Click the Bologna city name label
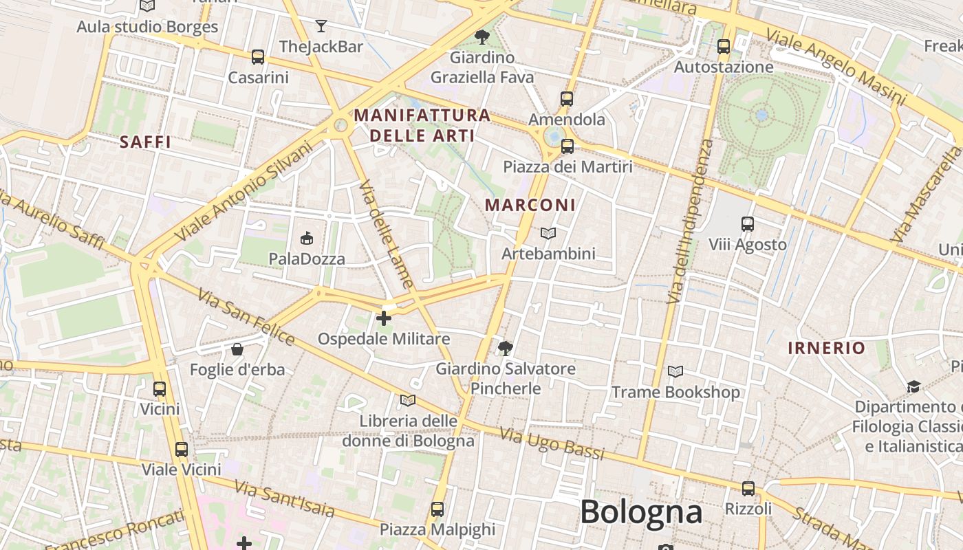641,512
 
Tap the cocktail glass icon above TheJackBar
321,27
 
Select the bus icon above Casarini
258,57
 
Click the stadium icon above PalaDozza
307,239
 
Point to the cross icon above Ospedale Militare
384,318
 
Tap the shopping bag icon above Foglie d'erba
237,349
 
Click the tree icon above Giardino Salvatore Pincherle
506,348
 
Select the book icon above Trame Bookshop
675,372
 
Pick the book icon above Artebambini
548,234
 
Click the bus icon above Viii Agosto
748,224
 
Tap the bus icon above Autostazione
724,47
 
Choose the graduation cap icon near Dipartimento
913,386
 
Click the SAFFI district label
145,142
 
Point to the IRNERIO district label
826,348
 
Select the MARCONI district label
530,205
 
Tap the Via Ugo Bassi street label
552,443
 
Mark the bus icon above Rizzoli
748,489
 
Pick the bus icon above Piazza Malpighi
437,509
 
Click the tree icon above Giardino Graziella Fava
482,37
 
